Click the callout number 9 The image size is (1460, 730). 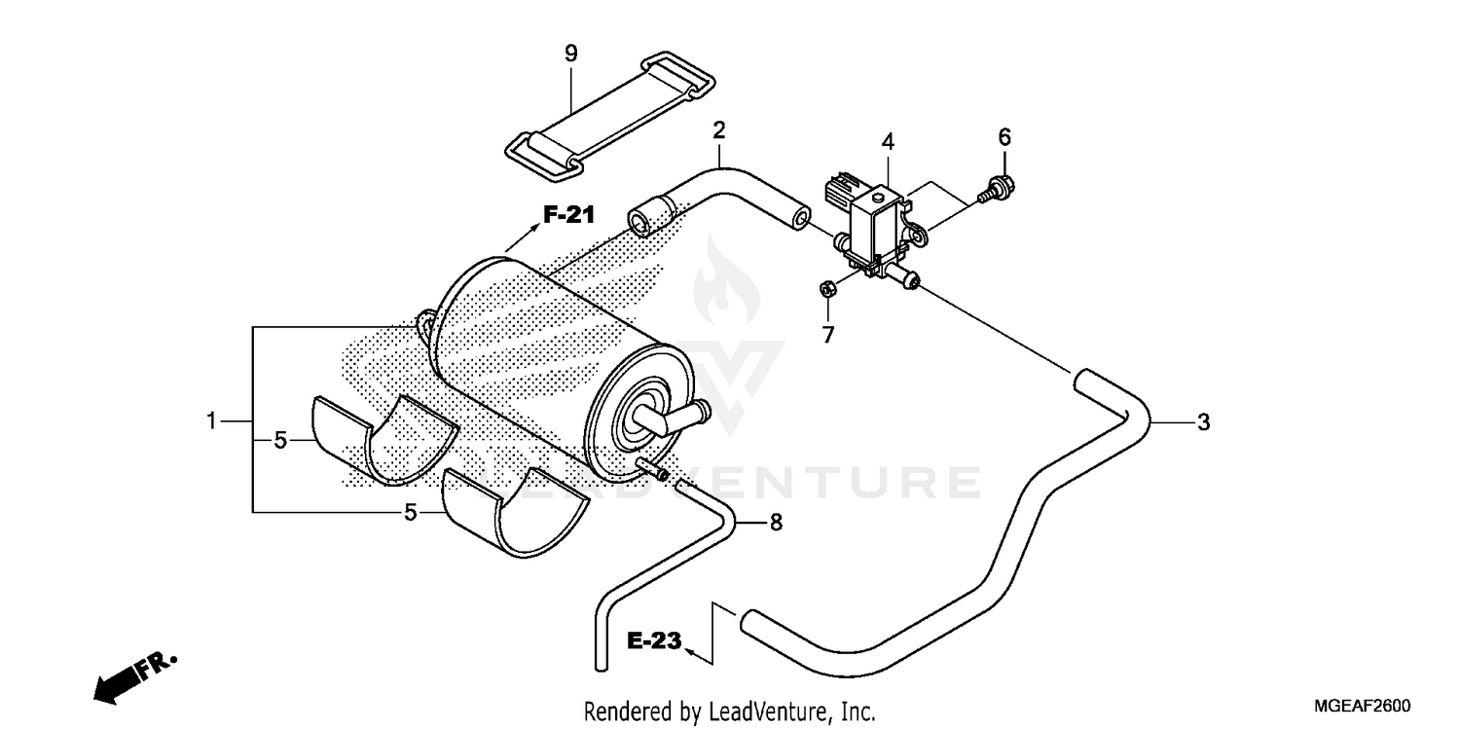click(x=571, y=54)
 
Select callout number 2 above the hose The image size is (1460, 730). click(x=719, y=129)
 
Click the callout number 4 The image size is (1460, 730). click(x=888, y=142)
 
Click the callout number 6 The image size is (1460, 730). click(x=1004, y=137)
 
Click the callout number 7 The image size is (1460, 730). click(x=828, y=336)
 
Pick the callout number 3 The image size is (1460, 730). click(x=1203, y=422)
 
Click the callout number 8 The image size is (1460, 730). click(x=776, y=523)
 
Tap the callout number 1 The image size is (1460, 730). click(x=211, y=421)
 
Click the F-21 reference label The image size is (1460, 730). click(x=568, y=216)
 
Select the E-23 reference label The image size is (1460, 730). click(x=652, y=641)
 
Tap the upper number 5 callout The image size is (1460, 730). click(x=280, y=441)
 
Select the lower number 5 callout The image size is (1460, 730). click(x=412, y=511)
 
